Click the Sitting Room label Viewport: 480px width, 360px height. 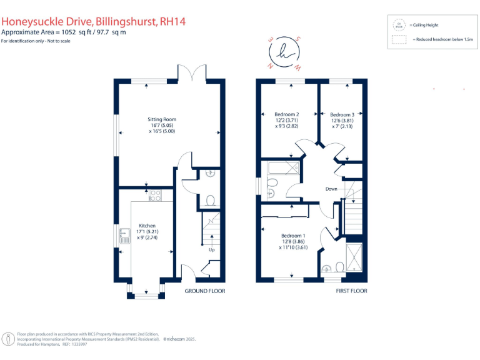tap(162, 119)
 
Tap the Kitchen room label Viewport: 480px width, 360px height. tap(147, 226)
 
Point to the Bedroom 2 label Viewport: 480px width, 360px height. tap(287, 114)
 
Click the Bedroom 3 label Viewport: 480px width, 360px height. tap(342, 114)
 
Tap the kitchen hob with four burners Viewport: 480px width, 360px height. tap(155, 195)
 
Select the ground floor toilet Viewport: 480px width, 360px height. tap(211, 200)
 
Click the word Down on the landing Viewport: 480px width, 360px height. tap(331, 189)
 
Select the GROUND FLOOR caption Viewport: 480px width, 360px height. tap(204, 291)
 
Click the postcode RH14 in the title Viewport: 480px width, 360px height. tap(172, 22)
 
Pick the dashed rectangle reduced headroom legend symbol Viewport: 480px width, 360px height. tap(397, 39)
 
